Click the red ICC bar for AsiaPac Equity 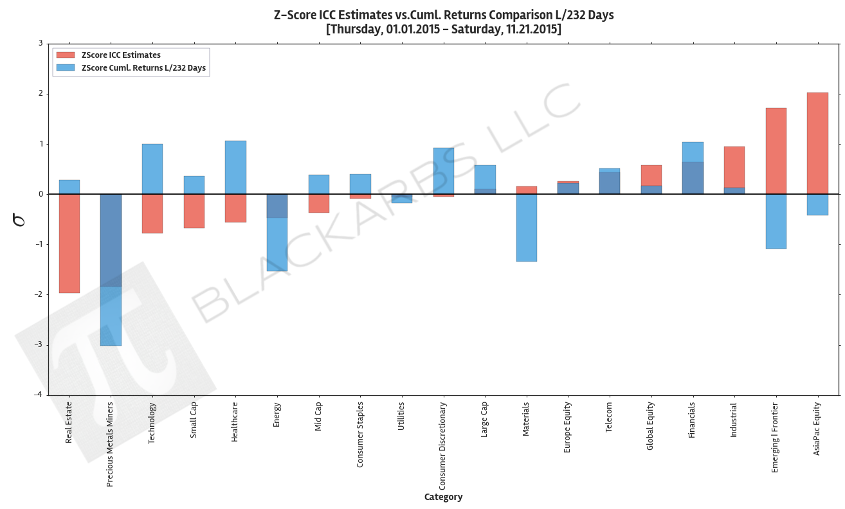817,143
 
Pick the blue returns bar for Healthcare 235,167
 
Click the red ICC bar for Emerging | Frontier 776,151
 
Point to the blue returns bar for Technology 152,168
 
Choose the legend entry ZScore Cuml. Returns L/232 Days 143,67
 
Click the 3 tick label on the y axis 41,44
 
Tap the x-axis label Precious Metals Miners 110,444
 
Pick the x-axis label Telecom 609,417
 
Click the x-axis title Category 443,497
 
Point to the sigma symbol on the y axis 19,219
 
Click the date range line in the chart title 443,29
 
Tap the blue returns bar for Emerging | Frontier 776,221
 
